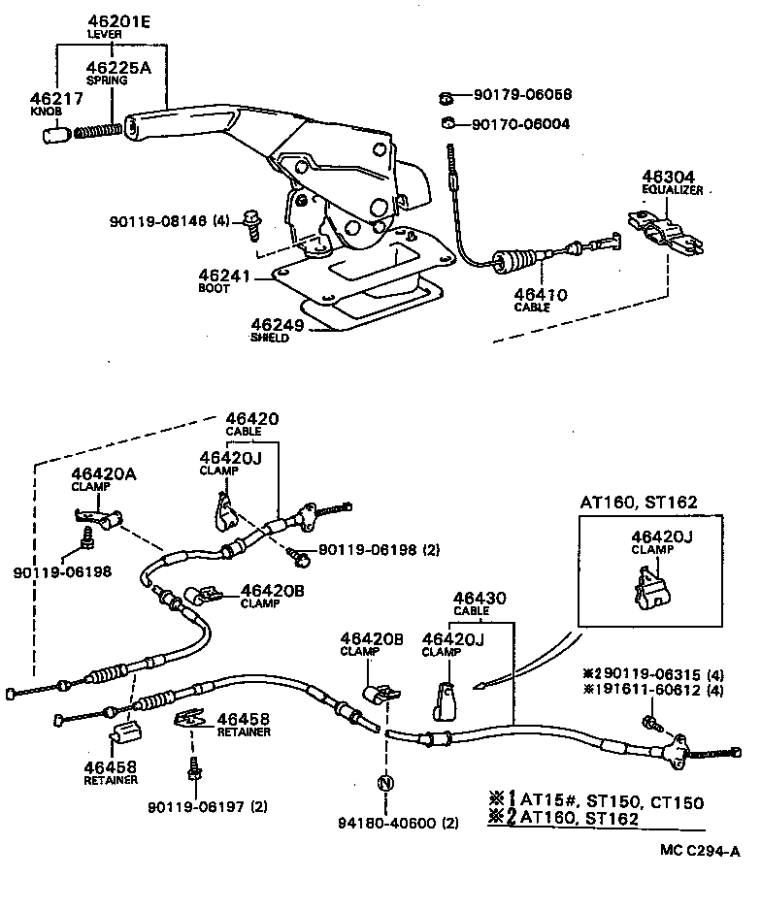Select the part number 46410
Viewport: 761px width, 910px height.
(543, 294)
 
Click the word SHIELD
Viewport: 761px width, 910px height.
(271, 338)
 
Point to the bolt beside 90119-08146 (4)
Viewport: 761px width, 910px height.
(251, 223)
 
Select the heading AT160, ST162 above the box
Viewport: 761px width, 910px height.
(640, 503)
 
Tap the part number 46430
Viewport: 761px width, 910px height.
(473, 600)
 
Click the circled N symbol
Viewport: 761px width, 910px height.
(385, 782)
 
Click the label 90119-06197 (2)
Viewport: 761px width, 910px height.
(208, 806)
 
